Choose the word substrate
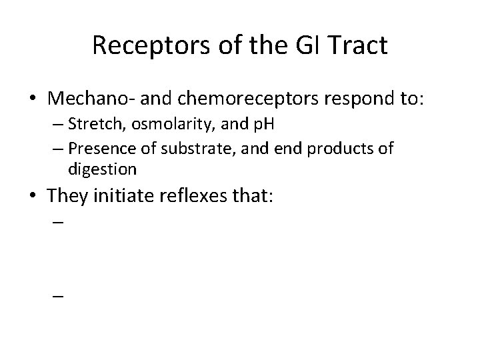[182, 147]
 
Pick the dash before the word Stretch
[55, 126]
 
